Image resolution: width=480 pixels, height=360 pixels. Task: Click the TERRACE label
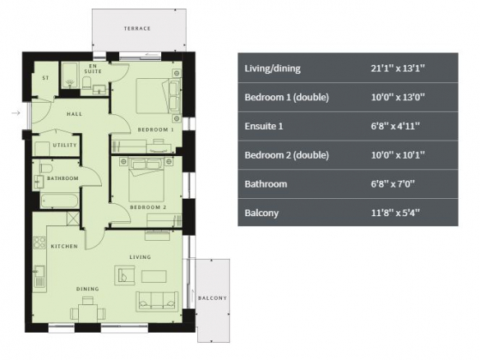(x=137, y=29)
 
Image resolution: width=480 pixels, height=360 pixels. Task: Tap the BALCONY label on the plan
(x=212, y=298)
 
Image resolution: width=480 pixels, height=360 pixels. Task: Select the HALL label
(x=75, y=114)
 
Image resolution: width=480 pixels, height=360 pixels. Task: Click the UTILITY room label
(x=65, y=145)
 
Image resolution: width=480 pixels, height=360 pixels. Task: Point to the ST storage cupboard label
(x=45, y=78)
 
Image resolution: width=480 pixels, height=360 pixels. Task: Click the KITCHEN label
(x=64, y=246)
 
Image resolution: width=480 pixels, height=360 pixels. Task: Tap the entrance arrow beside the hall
(x=16, y=113)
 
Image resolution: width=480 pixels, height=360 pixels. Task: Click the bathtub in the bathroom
(x=59, y=201)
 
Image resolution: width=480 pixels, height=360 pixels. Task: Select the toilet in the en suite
(x=86, y=83)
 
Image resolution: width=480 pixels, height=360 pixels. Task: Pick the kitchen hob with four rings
(x=39, y=242)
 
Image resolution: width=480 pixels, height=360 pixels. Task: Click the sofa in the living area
(x=157, y=301)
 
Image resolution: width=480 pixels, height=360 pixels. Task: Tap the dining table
(x=88, y=313)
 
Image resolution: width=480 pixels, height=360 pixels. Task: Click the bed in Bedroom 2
(x=146, y=180)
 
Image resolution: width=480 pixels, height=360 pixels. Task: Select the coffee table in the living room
(x=154, y=276)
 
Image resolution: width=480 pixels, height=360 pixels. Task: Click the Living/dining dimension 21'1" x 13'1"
(x=398, y=68)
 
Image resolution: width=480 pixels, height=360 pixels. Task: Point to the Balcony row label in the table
(x=261, y=213)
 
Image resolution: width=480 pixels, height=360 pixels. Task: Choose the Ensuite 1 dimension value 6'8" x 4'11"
(x=395, y=126)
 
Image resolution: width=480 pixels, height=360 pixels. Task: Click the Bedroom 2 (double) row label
(x=287, y=155)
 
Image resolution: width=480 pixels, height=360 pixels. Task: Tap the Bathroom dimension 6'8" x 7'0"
(x=393, y=183)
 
